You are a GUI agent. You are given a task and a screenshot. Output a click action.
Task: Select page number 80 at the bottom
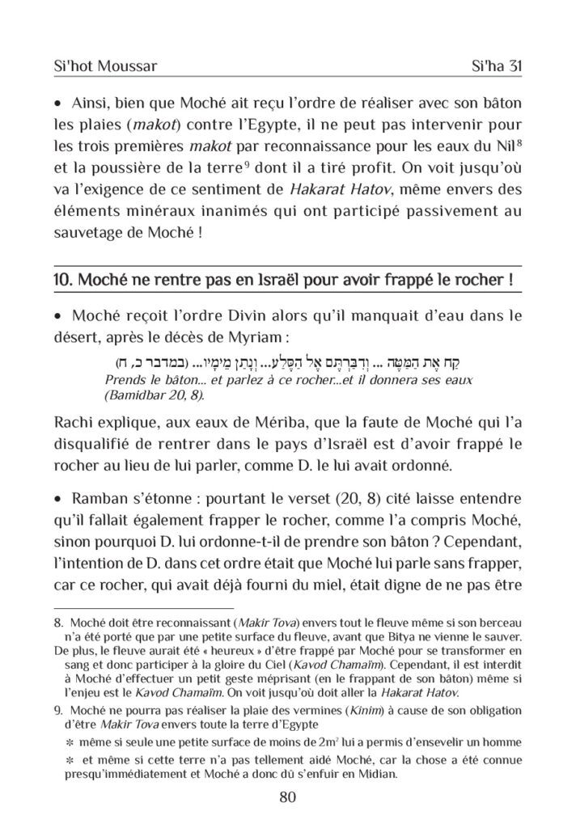coord(287,796)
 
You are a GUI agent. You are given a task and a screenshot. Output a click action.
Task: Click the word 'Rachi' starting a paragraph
coord(74,425)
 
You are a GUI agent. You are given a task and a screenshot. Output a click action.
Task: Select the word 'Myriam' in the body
coord(251,336)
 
